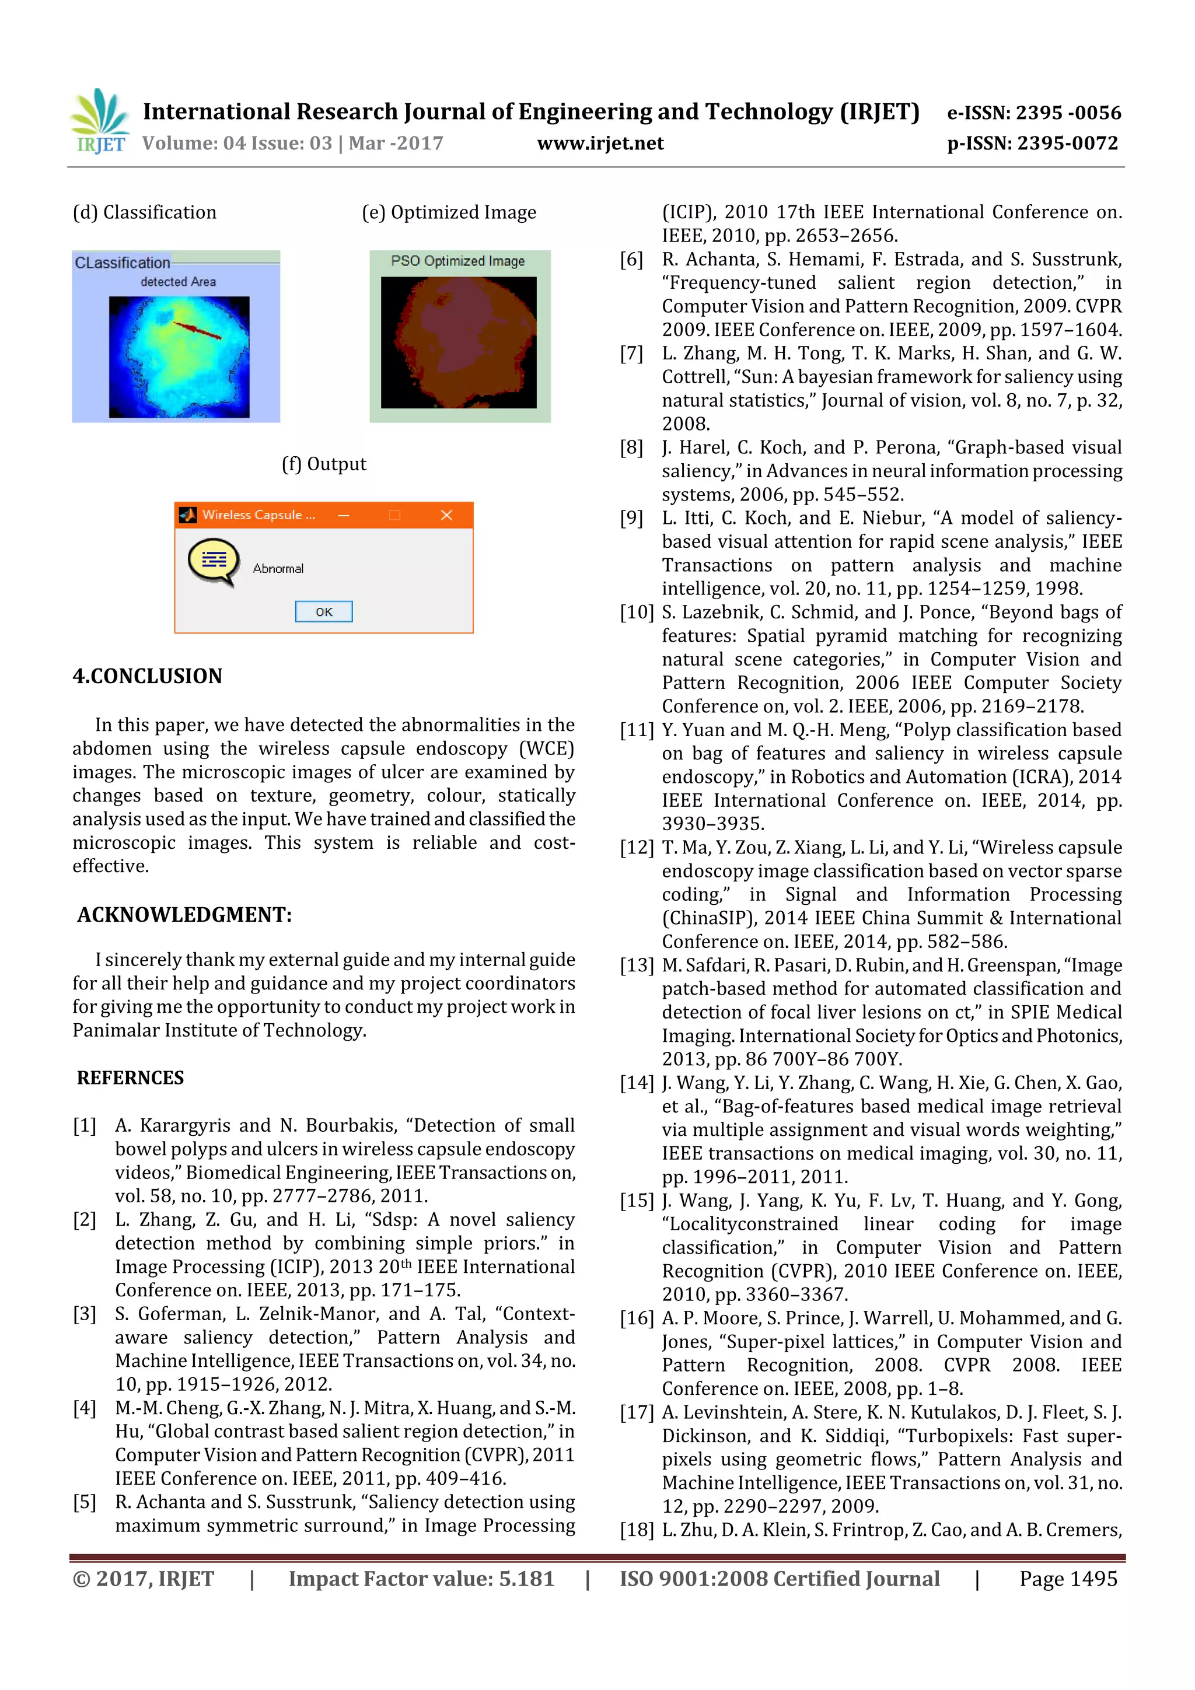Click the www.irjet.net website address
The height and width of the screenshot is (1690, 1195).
pos(600,144)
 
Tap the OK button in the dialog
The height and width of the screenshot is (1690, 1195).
pos(323,612)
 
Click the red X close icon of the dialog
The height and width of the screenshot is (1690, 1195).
pos(446,515)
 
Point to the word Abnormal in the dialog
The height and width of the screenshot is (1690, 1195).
pos(278,568)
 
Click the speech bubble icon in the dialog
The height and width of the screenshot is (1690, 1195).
pos(214,562)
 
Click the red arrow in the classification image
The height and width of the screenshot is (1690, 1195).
pos(197,330)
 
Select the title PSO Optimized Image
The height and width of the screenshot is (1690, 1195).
pos(457,261)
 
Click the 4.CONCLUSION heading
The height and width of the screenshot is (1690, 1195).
pos(147,676)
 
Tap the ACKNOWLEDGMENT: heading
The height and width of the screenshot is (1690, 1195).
pos(185,914)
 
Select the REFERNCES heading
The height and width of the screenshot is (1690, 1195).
pos(130,1077)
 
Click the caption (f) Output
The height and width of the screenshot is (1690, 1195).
pos(323,464)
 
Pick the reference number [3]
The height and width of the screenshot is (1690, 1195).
pos(85,1314)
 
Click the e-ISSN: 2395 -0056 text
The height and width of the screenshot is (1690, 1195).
pos(1034,113)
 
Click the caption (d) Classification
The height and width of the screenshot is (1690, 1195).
pos(144,213)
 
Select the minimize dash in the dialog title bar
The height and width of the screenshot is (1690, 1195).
pos(344,515)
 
